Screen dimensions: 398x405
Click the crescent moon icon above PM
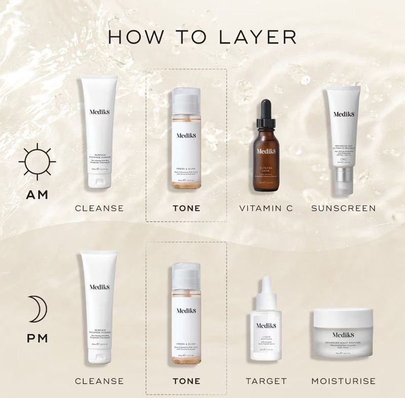click(x=38, y=308)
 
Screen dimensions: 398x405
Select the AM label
click(x=37, y=195)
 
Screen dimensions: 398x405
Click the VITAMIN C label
click(x=266, y=208)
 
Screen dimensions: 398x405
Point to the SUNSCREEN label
click(x=343, y=208)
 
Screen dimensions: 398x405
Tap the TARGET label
click(x=266, y=381)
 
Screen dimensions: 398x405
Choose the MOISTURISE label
click(x=343, y=381)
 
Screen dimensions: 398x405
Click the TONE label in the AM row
click(x=186, y=208)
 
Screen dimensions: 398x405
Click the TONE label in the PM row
click(x=186, y=381)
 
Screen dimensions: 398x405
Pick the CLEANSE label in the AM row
click(x=99, y=208)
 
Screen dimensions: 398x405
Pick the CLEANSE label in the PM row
click(x=99, y=381)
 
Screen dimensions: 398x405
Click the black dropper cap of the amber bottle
click(x=266, y=114)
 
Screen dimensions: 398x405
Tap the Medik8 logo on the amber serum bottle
click(x=266, y=151)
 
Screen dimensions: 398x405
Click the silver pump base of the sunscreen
click(x=343, y=180)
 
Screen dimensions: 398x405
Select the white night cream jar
click(x=343, y=334)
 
